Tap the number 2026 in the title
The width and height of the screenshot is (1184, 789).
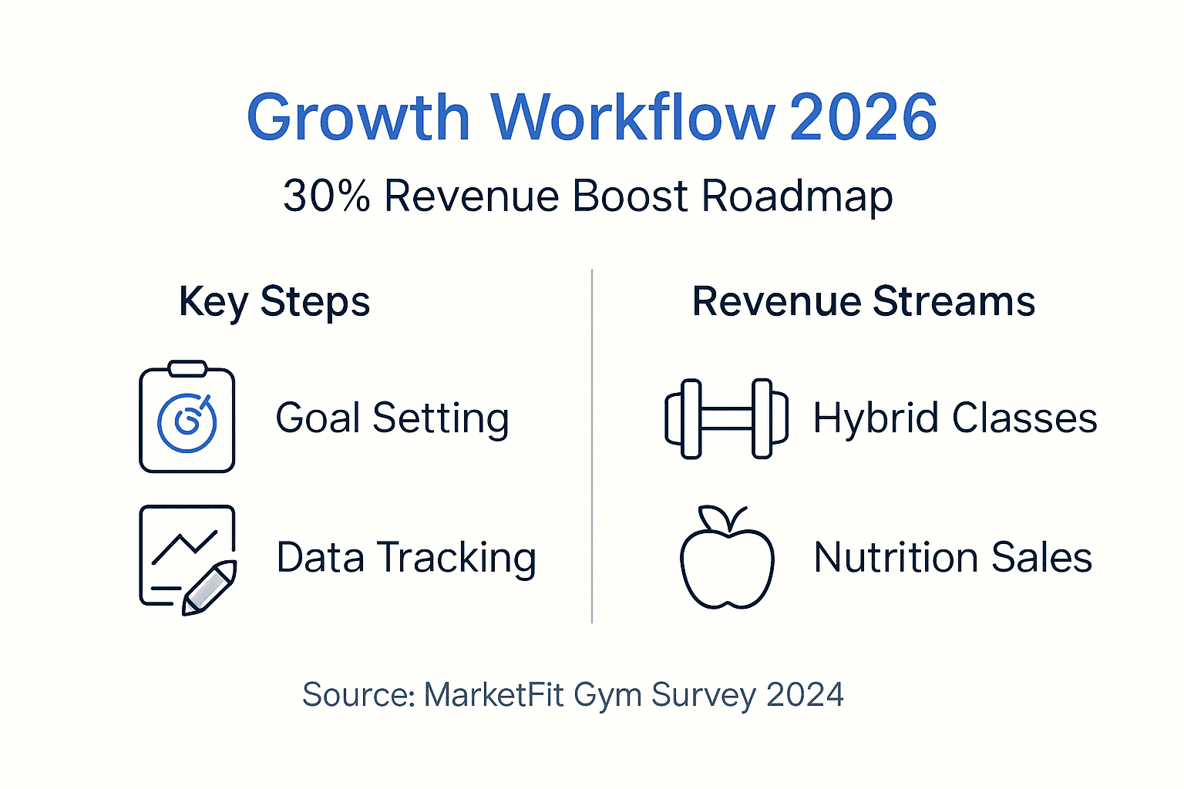863,118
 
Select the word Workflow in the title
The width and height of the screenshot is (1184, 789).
632,118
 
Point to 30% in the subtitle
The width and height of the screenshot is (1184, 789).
327,196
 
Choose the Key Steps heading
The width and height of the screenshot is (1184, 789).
274,301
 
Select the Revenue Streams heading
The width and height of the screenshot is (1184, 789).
863,301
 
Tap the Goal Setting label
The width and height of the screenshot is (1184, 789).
392,418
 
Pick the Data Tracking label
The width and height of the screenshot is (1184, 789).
406,558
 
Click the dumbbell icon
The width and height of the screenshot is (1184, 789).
726,418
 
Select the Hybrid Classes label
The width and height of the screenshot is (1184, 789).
955,418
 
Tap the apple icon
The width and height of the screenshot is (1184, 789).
726,559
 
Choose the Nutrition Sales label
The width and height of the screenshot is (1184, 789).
953,558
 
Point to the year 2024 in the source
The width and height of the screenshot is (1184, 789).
805,695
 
